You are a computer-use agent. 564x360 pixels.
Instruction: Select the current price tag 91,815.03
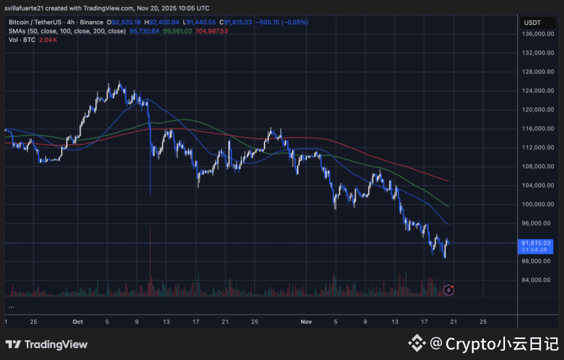coord(536,243)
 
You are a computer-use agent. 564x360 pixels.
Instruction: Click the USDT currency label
coord(531,22)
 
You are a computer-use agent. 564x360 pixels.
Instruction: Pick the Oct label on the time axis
coord(78,322)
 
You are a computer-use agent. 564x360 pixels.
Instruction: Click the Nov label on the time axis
coord(306,322)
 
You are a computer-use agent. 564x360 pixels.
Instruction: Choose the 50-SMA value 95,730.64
coord(146,31)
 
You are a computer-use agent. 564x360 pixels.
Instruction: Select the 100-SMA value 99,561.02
coord(178,31)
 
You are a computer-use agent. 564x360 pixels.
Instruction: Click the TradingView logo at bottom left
coord(46,344)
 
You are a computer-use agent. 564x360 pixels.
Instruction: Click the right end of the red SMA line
coord(449,180)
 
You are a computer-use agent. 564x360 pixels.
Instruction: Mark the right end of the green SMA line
coord(449,206)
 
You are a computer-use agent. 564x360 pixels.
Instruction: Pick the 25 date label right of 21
coord(483,322)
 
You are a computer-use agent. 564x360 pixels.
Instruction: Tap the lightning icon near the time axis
coord(449,289)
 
